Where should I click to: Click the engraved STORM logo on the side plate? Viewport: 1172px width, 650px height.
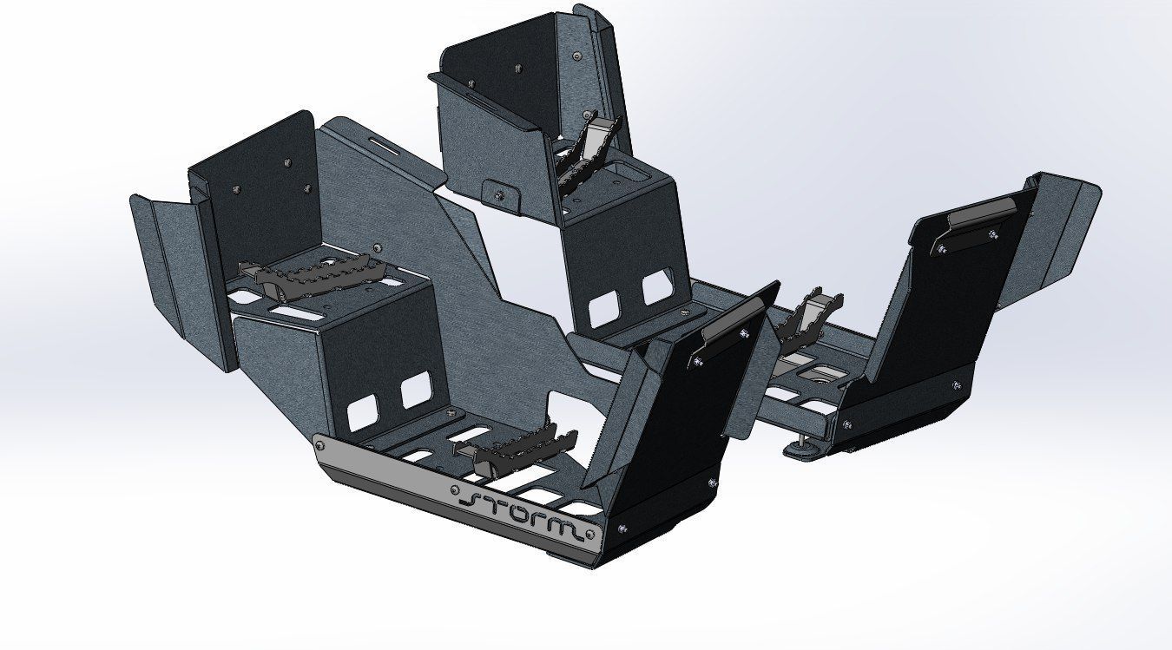[522, 515]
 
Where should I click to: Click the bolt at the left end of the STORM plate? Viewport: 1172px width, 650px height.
[319, 445]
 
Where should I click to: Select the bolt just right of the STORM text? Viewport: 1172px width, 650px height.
[590, 534]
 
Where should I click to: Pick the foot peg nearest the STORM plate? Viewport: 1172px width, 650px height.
[516, 448]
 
